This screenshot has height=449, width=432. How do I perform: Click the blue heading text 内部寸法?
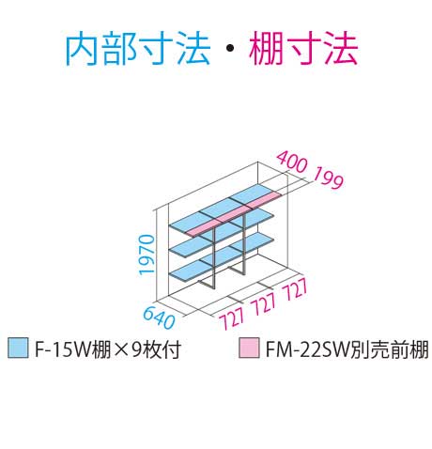tap(138, 50)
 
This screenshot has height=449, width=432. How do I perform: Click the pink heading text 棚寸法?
tap(303, 50)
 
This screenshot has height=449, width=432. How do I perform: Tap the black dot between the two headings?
tap(230, 48)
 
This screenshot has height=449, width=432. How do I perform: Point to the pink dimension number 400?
tap(292, 162)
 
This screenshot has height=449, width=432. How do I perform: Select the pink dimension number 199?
tap(328, 178)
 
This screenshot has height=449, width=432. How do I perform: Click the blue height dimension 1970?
tap(147, 255)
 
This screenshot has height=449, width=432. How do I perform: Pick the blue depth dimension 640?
tap(159, 317)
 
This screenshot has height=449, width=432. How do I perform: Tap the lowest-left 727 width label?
tap(231, 317)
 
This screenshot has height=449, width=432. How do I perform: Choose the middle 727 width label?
tap(264, 303)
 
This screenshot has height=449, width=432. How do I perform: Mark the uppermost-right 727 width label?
tap(295, 289)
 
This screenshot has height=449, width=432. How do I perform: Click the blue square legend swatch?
tap(18, 348)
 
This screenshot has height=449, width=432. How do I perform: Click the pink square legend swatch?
tap(249, 348)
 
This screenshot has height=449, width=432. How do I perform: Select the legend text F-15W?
tap(62, 348)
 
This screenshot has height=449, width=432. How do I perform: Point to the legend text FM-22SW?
tap(308, 348)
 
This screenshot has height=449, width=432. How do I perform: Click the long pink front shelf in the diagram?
tap(233, 213)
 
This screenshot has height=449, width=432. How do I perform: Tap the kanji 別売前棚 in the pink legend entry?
tap(389, 348)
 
